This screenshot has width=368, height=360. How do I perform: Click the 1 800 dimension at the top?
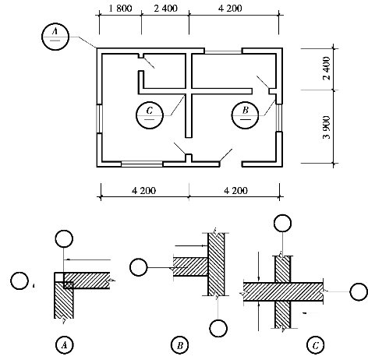point(120,9)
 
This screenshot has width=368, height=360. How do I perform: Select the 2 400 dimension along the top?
point(165,9)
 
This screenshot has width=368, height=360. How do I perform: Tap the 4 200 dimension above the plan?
point(230,9)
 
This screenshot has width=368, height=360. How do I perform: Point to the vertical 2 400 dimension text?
point(327,68)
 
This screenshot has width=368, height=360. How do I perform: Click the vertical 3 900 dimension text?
point(327,127)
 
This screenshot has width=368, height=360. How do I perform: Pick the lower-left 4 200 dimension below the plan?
point(143,191)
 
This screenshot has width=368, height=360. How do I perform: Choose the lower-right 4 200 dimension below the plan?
point(235,191)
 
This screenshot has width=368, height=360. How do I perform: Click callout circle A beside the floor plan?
point(55,37)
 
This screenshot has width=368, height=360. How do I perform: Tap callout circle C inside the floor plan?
point(150,115)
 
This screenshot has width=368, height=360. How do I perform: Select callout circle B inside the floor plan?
point(245,115)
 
